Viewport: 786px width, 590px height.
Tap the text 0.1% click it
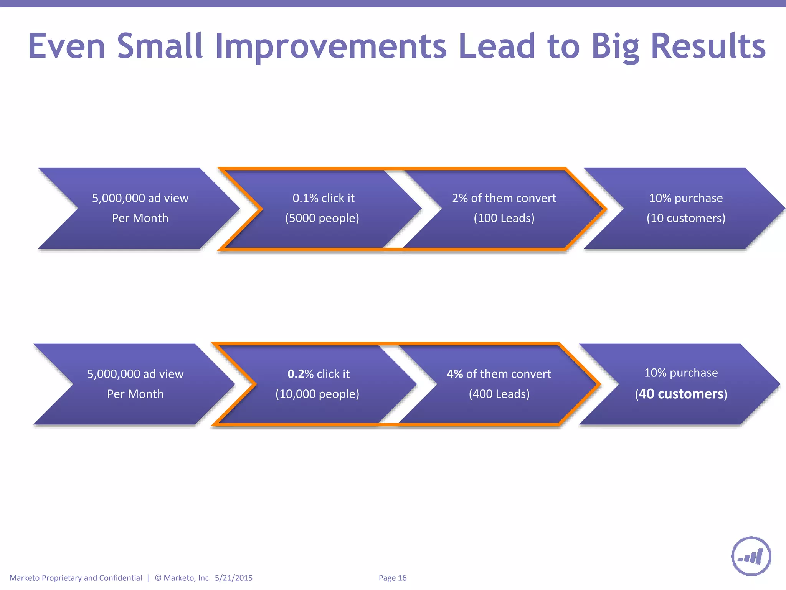point(324,198)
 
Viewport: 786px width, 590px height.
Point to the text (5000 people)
point(322,218)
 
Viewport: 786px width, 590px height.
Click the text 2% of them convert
point(504,198)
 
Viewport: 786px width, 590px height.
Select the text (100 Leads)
point(504,218)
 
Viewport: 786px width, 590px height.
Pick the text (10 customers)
point(686,218)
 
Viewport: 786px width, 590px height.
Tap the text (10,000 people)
point(317,394)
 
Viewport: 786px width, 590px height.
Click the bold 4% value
point(455,374)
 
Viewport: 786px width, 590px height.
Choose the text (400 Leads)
point(499,394)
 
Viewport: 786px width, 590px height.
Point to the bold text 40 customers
point(681,394)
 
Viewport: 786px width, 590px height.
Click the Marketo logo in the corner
point(751,556)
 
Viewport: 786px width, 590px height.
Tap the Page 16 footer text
point(392,578)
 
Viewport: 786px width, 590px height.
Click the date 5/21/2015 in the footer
point(233,578)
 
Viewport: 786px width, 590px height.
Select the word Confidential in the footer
point(121,578)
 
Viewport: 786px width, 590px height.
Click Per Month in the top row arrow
point(140,218)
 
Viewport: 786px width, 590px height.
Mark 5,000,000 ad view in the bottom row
point(135,374)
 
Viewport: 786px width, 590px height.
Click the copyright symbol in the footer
point(158,578)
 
